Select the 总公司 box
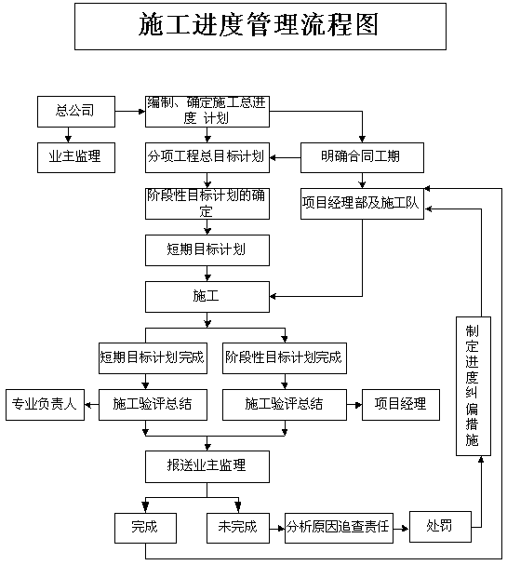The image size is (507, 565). (76, 112)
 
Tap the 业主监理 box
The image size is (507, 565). (76, 157)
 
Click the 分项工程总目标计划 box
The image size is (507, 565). (207, 157)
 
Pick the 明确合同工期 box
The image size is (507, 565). (362, 157)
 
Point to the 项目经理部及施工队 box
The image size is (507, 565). (362, 204)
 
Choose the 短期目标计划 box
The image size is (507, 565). (207, 250)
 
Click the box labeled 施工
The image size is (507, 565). (207, 297)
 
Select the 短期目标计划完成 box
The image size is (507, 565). (153, 358)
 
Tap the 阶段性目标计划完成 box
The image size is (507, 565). (285, 358)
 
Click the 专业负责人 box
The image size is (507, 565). (45, 405)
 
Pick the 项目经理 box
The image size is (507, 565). (401, 405)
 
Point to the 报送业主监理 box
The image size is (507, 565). (207, 466)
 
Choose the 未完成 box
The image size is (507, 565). (237, 528)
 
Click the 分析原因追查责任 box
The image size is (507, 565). (339, 528)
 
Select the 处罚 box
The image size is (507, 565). (440, 527)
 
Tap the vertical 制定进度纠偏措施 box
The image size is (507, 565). (474, 386)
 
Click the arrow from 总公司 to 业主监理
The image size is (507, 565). (68, 135)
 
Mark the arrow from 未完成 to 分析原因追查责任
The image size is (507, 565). (277, 529)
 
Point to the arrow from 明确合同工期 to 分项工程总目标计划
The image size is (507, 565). (286, 157)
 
